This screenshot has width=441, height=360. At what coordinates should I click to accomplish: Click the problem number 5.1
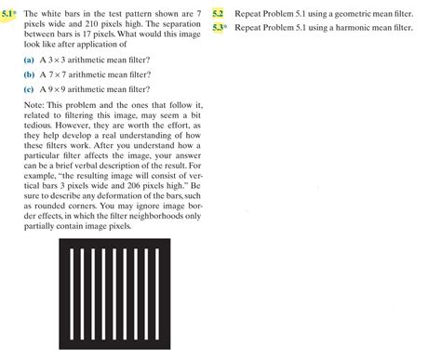tap(10, 15)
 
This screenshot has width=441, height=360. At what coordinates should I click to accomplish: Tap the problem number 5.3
tap(219, 29)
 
